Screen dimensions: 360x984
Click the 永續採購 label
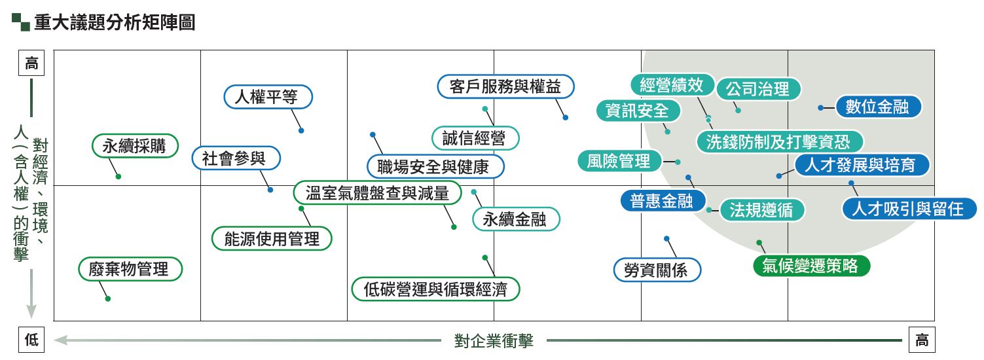coord(135,146)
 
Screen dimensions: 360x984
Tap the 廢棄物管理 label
coord(130,268)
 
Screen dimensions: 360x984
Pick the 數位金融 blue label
coord(877,107)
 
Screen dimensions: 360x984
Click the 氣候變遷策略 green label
coord(810,266)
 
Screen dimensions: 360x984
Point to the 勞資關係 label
coord(657,270)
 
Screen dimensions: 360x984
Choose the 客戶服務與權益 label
coord(505,86)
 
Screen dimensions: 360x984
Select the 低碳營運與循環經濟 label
coord(435,289)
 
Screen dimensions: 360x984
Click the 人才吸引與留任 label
coord(908,209)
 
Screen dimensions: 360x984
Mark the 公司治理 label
coord(758,89)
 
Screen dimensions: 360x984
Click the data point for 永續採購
coord(118,177)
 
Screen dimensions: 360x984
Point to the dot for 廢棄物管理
coord(108,298)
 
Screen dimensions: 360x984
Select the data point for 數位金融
coord(820,107)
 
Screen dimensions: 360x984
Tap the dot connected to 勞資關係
coord(666,238)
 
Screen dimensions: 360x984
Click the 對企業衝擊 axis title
coord(494,340)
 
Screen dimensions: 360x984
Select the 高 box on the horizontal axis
coord(922,340)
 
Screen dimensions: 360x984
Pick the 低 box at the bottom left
coord(32,340)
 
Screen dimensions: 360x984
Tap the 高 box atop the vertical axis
coord(32,63)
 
